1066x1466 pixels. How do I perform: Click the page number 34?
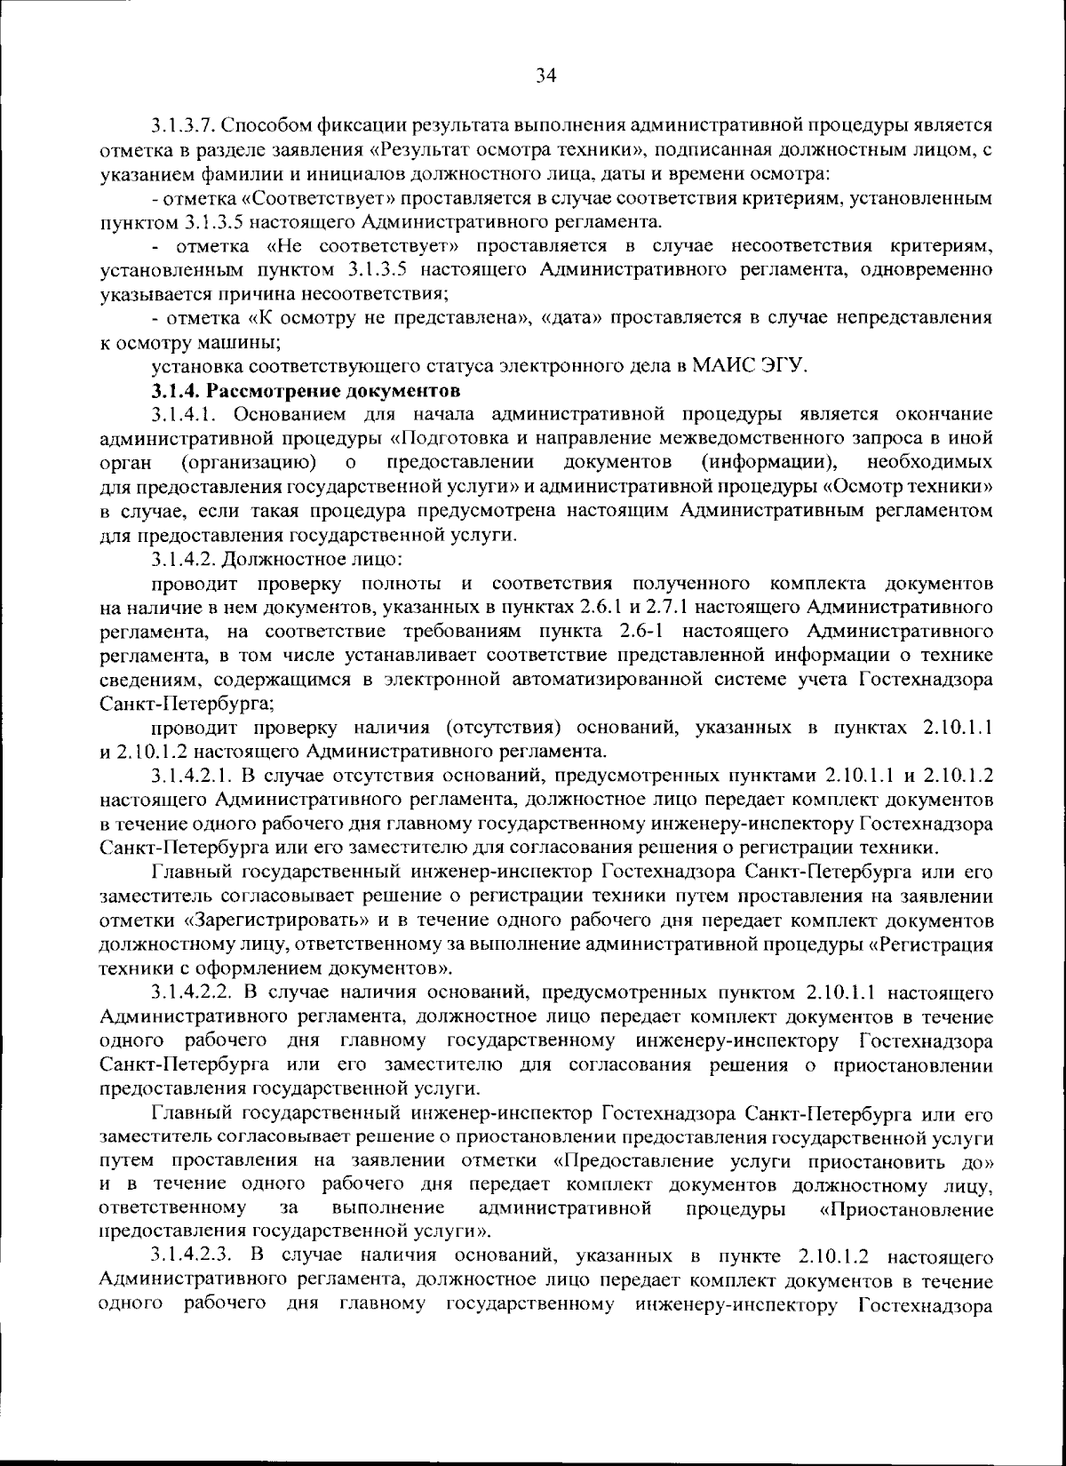545,76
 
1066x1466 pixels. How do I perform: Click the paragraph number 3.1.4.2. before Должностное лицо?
182,559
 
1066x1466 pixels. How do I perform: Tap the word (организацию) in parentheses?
250,462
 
